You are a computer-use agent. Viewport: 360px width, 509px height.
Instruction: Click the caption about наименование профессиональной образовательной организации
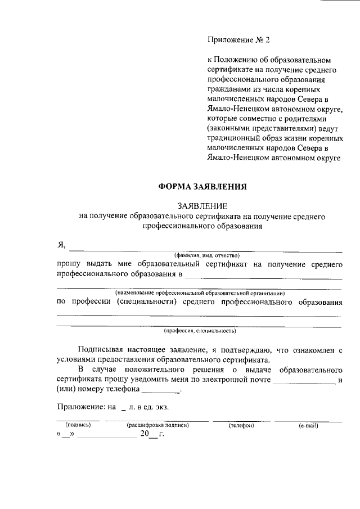click(x=200, y=293)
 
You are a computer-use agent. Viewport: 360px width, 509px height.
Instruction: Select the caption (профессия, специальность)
click(x=200, y=331)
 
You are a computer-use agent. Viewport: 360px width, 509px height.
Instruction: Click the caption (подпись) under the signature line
click(x=78, y=425)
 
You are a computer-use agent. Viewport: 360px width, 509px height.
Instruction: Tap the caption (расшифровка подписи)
click(x=157, y=425)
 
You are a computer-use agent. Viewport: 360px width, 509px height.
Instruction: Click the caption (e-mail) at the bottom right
click(x=309, y=425)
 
